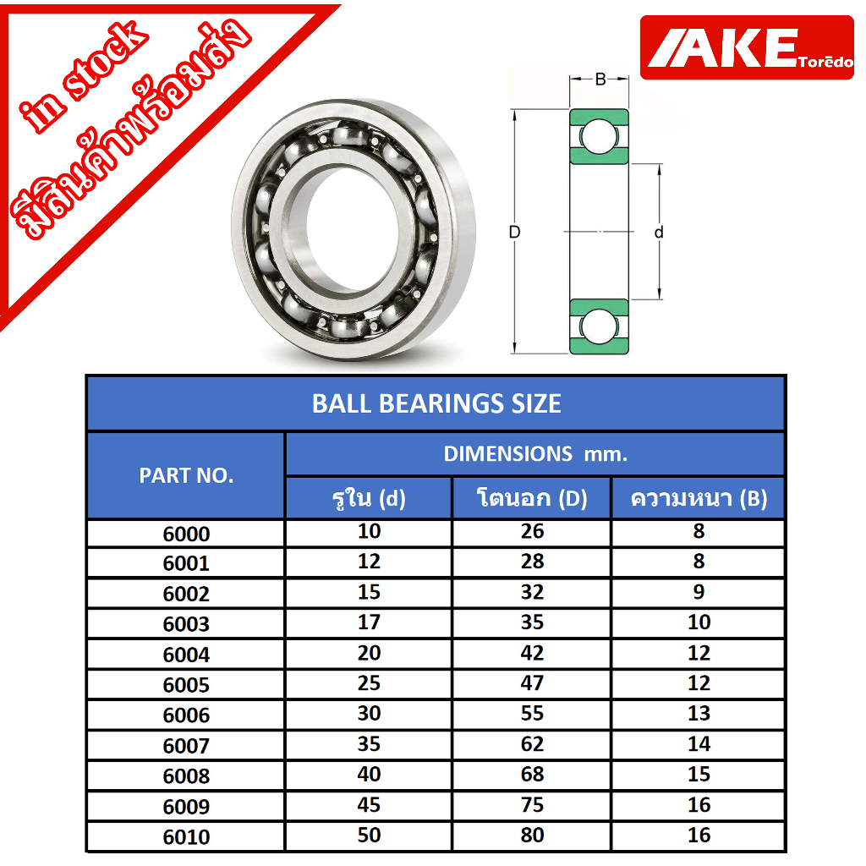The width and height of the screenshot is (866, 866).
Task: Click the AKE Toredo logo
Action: tap(747, 47)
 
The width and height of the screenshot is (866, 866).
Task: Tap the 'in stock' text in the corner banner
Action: tap(83, 76)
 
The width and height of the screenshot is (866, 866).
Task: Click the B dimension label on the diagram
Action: tap(600, 79)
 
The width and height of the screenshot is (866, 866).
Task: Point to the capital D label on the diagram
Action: tap(514, 232)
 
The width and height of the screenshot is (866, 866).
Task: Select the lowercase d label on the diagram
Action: tap(658, 232)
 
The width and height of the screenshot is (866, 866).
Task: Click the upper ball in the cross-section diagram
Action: tap(599, 136)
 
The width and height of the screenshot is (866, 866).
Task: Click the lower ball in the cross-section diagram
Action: tap(599, 327)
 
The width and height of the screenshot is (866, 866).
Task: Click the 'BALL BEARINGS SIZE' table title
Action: tap(436, 403)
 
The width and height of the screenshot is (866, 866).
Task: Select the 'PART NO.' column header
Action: tap(186, 475)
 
